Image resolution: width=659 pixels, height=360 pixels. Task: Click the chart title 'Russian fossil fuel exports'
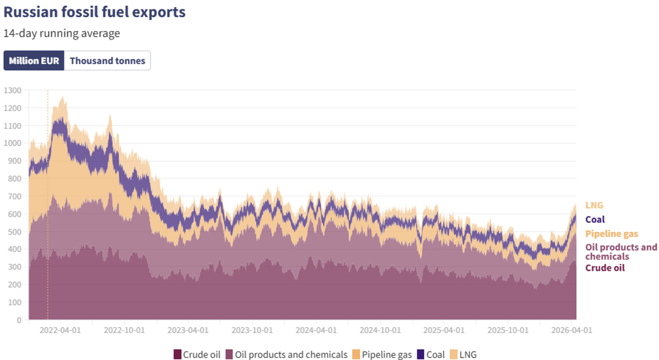tap(94, 12)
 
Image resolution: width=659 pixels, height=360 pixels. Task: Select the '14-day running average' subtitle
tap(62, 33)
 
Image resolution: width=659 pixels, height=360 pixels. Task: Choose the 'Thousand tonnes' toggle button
tap(107, 61)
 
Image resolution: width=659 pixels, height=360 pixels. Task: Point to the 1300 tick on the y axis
tap(13, 90)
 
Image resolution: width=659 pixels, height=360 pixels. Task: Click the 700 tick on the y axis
tap(15, 196)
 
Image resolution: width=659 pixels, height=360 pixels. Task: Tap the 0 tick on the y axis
tap(19, 319)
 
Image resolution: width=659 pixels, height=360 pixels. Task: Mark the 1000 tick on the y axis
tap(13, 143)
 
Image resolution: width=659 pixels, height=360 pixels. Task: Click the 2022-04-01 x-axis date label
tap(61, 330)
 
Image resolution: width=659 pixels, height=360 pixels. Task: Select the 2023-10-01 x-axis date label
tap(252, 330)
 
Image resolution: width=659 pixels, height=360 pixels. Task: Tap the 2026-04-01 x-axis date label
tap(571, 330)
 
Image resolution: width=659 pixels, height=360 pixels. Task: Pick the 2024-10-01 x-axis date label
tap(379, 330)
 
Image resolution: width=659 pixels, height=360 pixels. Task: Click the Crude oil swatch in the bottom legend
tap(177, 355)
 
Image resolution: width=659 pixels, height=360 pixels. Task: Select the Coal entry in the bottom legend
tap(431, 355)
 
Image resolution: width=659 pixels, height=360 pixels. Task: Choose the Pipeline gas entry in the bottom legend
tap(382, 355)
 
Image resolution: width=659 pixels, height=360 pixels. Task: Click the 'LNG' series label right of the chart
tap(594, 205)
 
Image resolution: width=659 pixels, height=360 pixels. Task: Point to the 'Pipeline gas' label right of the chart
tap(612, 234)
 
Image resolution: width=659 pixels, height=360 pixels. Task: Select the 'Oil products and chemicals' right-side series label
tap(621, 252)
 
